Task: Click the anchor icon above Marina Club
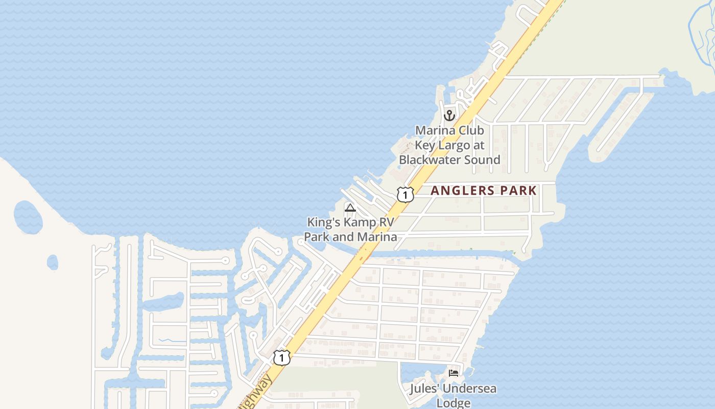point(449,115)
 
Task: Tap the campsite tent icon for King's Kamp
point(350,208)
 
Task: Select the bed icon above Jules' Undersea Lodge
point(453,373)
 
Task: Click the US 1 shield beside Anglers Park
point(405,194)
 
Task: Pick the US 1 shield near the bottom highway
point(281,357)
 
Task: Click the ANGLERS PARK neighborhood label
point(483,191)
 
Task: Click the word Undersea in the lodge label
point(469,389)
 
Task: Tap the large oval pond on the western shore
point(28,217)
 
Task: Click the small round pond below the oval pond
point(53,262)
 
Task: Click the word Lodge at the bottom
point(453,403)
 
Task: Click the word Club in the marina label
point(471,130)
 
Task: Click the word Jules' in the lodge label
point(424,389)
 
